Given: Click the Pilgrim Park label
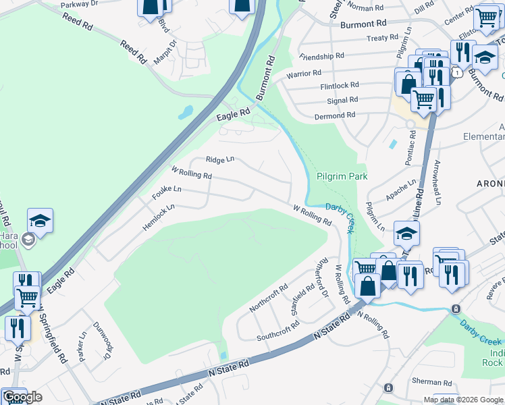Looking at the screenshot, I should pyautogui.click(x=342, y=176).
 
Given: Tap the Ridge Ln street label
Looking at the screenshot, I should pyautogui.click(x=220, y=160).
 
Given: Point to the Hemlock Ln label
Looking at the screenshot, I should pyautogui.click(x=159, y=211).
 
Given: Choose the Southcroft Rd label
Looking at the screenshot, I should pyautogui.click(x=277, y=331).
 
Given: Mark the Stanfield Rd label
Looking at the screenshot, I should pyautogui.click(x=302, y=298).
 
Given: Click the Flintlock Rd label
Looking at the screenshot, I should pyautogui.click(x=340, y=86).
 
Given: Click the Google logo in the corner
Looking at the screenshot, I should pyautogui.click(x=22, y=397).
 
